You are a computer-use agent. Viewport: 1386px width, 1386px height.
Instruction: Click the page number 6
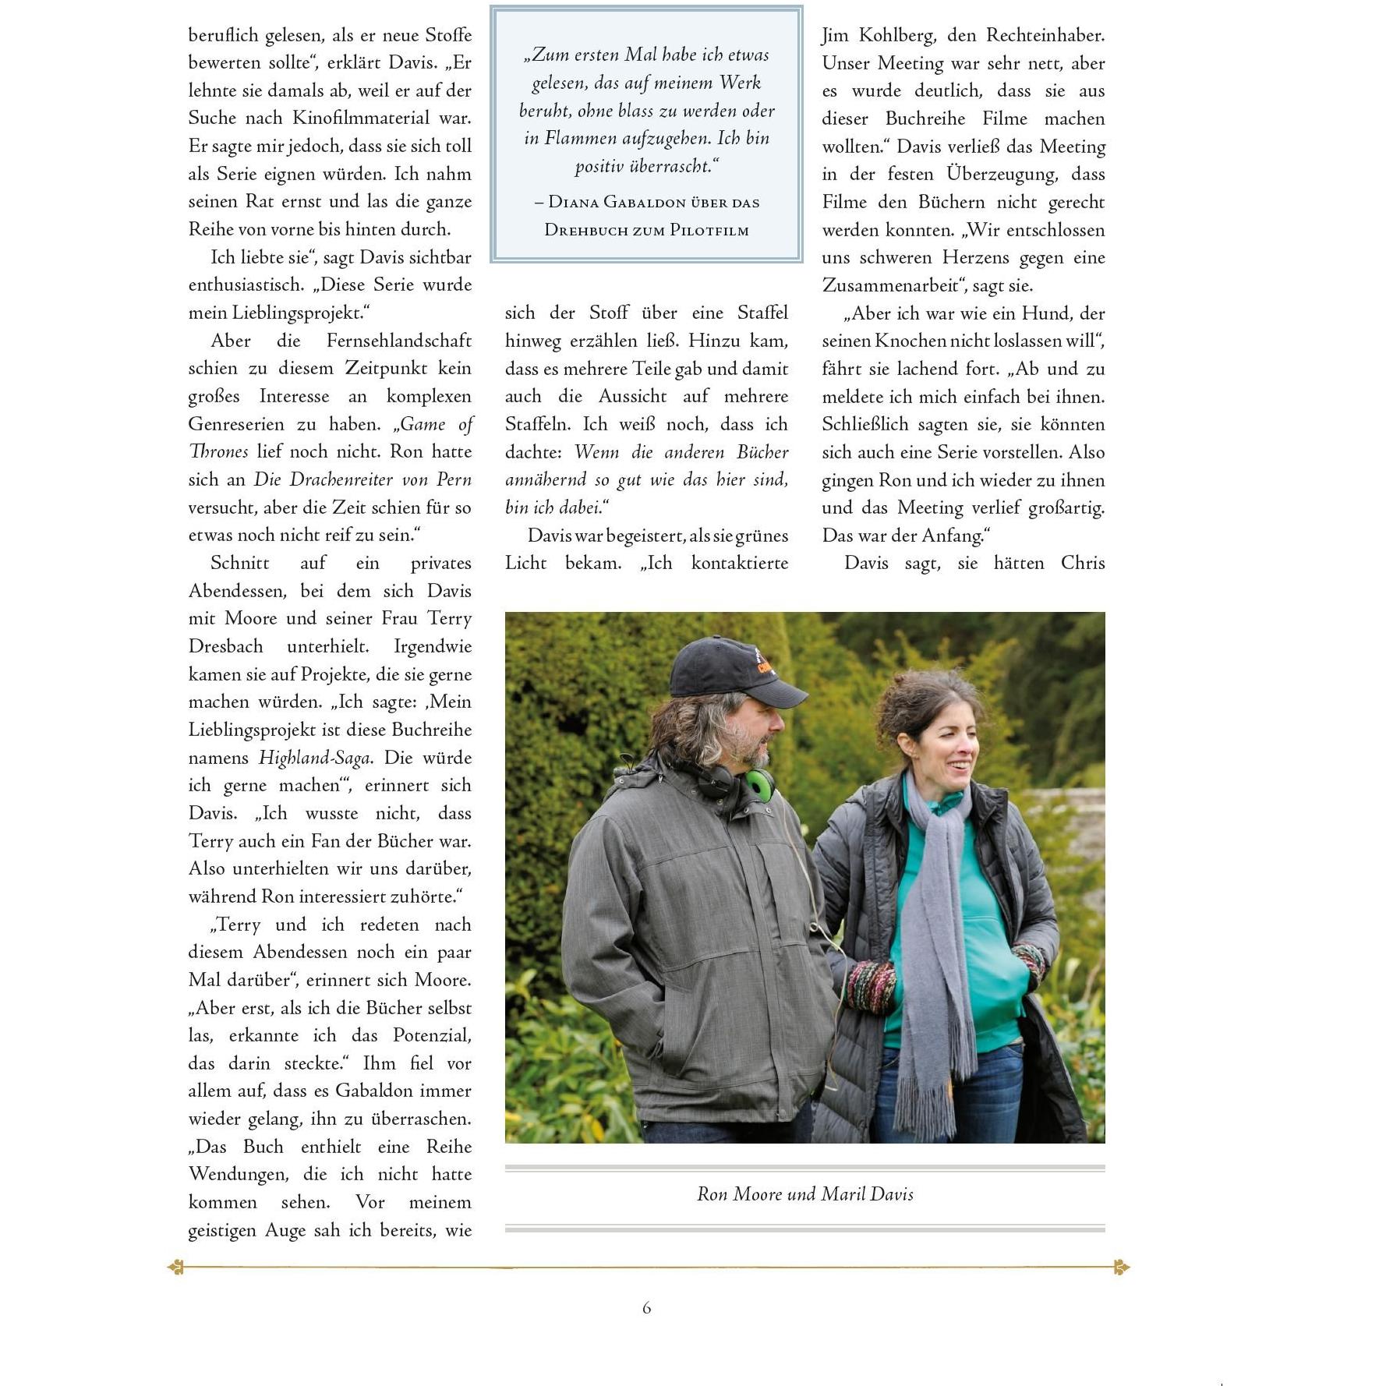646,1307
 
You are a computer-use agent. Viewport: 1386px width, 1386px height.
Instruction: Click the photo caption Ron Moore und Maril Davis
804,1193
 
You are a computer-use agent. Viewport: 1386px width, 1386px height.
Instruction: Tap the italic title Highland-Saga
315,757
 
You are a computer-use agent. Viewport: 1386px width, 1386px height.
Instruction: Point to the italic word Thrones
219,451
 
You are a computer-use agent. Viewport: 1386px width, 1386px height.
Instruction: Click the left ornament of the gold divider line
176,1268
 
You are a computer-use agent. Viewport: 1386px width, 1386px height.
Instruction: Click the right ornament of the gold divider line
1121,1268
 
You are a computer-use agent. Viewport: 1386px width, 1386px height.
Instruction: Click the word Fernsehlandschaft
398,341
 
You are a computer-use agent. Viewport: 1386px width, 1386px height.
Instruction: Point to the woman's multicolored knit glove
872,986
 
